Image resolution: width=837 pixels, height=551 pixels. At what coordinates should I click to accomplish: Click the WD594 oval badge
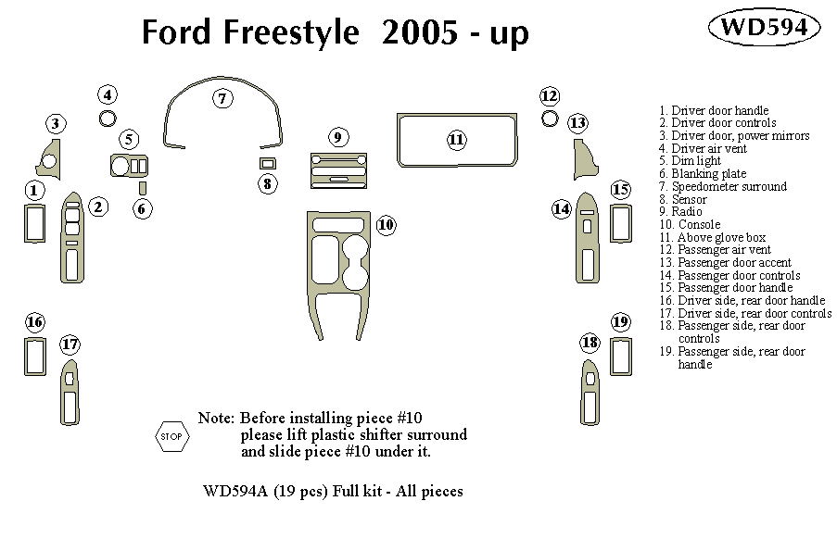pos(764,27)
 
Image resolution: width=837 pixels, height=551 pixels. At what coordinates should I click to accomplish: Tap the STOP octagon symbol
pos(171,435)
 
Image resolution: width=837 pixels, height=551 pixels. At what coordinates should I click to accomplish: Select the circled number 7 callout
pos(222,97)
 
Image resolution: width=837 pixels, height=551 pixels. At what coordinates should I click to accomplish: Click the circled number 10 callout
pos(386,224)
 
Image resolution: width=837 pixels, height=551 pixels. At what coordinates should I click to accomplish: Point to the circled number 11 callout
pos(456,140)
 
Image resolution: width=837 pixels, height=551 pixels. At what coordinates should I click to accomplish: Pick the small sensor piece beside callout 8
pos(269,163)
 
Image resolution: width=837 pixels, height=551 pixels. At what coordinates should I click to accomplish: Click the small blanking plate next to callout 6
pos(142,190)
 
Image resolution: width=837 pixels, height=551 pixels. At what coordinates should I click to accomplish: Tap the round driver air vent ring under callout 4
pos(108,118)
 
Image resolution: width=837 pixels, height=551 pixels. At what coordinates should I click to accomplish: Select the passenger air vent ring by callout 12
pos(550,119)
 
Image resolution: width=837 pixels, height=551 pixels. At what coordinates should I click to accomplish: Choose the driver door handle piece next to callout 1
pos(33,223)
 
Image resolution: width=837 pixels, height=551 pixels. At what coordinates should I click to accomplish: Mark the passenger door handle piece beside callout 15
pos(620,222)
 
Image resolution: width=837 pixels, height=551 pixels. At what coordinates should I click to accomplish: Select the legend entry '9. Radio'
pos(681,212)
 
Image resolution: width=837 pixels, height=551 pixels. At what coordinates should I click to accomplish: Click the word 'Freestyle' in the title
pos(288,34)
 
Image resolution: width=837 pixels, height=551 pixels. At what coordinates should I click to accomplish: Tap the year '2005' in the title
pos(417,34)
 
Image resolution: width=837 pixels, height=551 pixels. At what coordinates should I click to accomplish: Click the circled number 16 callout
pos(34,322)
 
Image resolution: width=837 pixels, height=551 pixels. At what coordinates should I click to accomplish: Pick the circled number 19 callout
pos(620,322)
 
